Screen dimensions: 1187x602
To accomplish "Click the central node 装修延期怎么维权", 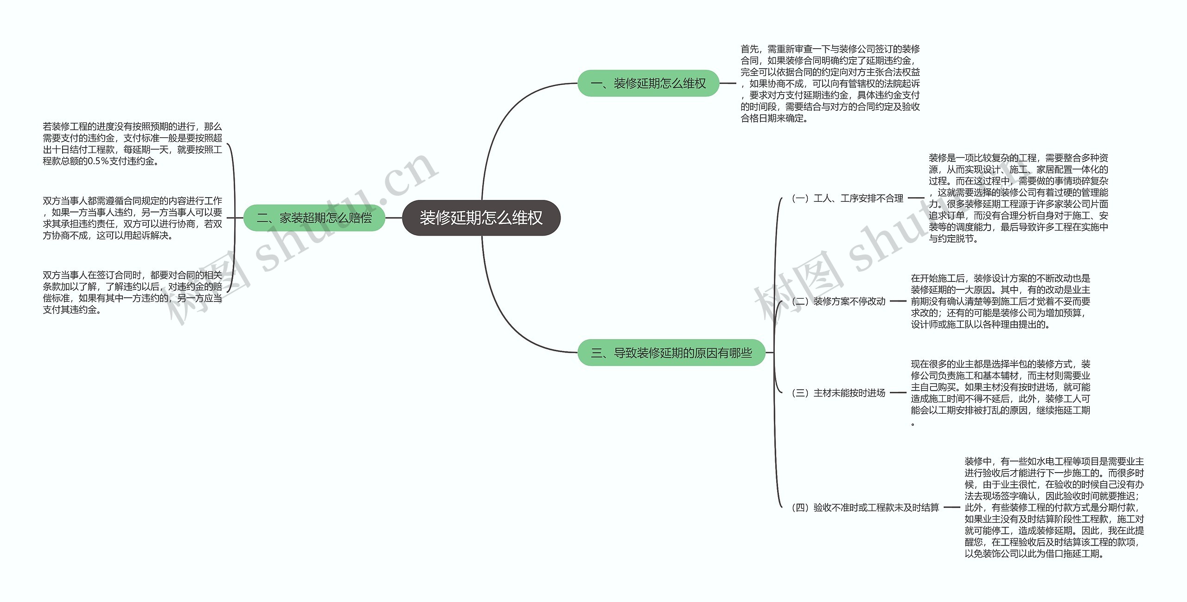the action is (x=481, y=218).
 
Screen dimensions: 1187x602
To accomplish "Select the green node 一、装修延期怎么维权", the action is (x=648, y=83).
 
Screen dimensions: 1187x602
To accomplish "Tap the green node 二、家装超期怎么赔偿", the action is (x=314, y=218).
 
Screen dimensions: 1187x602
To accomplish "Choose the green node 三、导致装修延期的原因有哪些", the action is (x=671, y=353).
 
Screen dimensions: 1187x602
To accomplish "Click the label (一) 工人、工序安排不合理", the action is (x=847, y=199).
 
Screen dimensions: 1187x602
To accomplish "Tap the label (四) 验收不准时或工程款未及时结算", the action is (x=865, y=507).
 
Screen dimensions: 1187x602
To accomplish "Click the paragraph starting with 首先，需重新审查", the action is (x=830, y=83).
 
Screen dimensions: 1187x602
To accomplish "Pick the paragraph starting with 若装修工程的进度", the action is (x=132, y=144).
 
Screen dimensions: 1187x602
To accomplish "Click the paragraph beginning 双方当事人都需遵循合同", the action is (x=132, y=218).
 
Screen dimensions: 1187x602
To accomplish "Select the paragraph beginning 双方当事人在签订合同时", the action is (x=132, y=292).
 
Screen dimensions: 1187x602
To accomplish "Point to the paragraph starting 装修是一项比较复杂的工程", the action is (x=1018, y=198).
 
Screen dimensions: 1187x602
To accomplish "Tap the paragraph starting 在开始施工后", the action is (x=1000, y=301).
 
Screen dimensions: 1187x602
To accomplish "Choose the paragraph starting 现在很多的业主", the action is (x=1000, y=392).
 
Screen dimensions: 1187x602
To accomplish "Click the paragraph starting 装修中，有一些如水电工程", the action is (x=1054, y=507).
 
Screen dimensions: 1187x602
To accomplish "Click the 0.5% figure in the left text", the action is (x=98, y=161).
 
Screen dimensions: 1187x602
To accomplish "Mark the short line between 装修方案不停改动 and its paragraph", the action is (x=898, y=301).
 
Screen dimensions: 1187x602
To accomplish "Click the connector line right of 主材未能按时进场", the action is (x=898, y=393).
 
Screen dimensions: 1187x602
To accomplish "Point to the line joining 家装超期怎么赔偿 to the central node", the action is (x=394, y=218).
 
